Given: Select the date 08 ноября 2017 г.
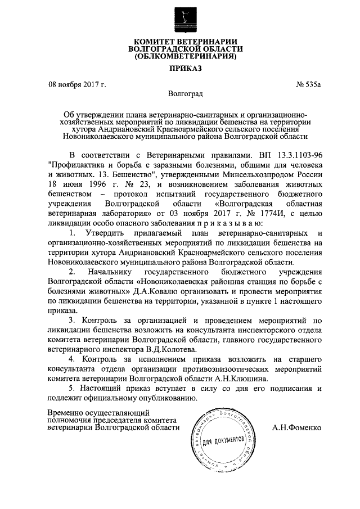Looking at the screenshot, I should point(77,85).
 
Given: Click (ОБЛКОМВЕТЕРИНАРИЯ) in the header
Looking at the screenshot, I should point(180,56).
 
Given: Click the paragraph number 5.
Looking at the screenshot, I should point(71,388).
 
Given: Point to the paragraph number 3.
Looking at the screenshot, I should point(71,320).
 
